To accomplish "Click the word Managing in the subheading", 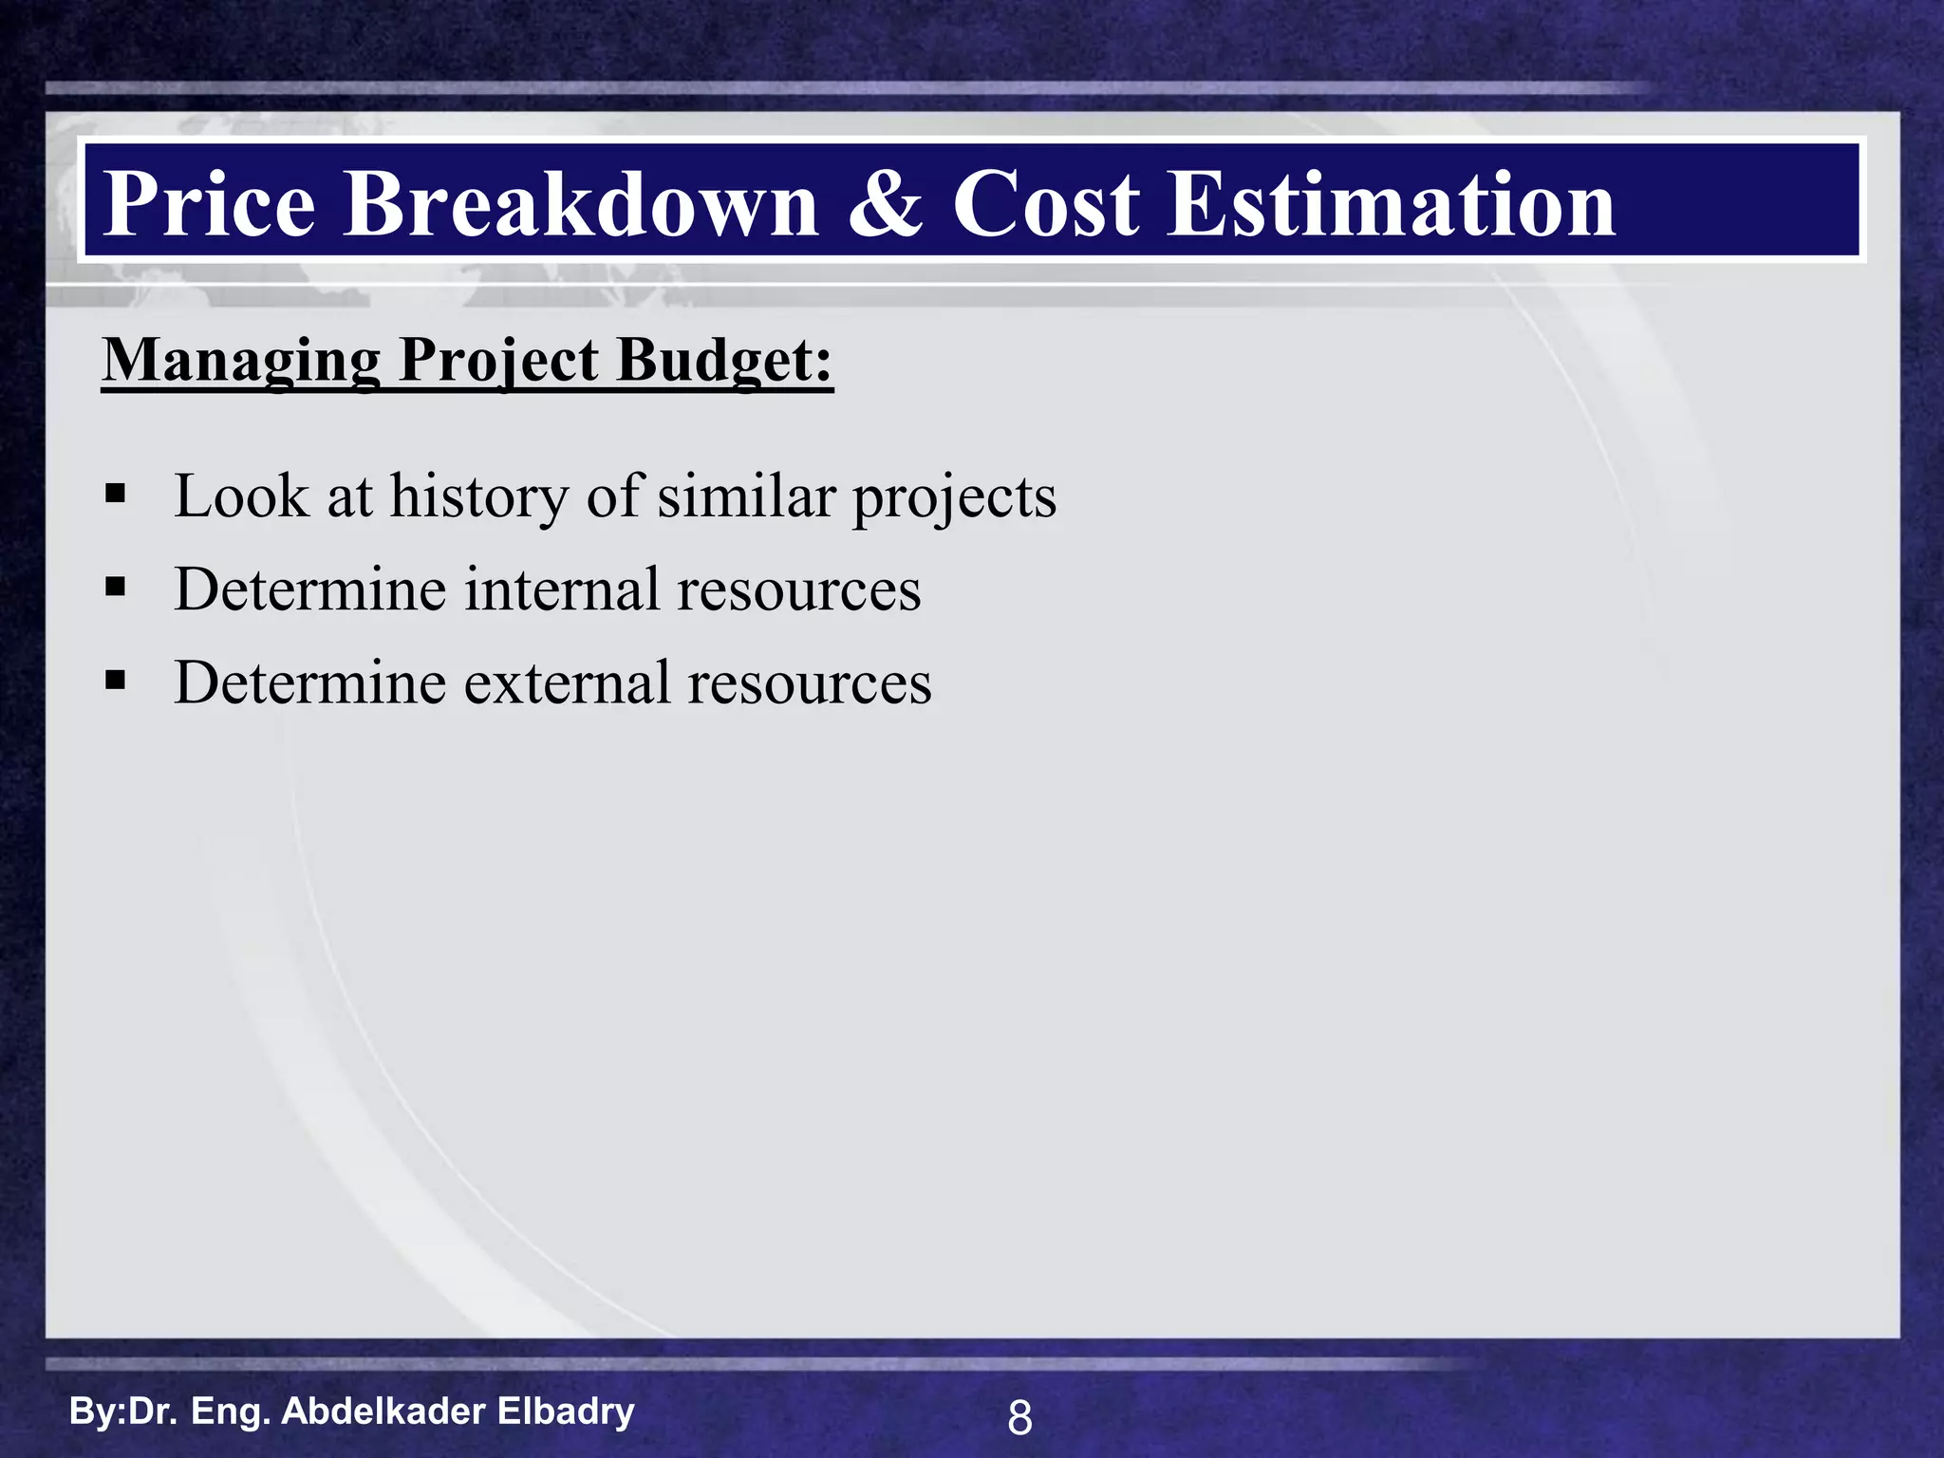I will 241,362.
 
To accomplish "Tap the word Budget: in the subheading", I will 723,362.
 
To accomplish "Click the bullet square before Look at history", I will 116,494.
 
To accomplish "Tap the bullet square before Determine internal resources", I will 116,588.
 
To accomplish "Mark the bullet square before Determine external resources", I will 116,681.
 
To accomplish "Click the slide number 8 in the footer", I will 1019,1418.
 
